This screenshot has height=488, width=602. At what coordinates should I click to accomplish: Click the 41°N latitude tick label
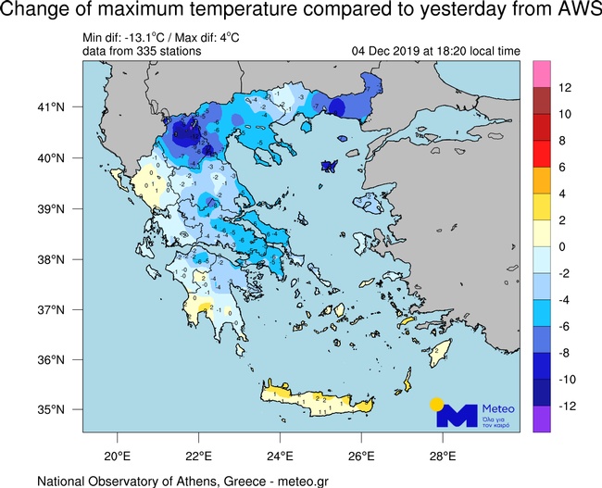(49, 107)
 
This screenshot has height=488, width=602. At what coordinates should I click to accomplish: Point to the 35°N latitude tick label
(49, 409)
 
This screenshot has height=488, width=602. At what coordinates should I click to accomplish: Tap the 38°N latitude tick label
(49, 258)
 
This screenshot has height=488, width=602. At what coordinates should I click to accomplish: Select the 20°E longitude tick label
(117, 456)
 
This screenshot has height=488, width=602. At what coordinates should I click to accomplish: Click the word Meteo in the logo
(498, 409)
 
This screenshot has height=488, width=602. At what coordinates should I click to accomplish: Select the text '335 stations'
(169, 51)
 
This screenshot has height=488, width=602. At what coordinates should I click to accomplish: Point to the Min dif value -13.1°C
(141, 38)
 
